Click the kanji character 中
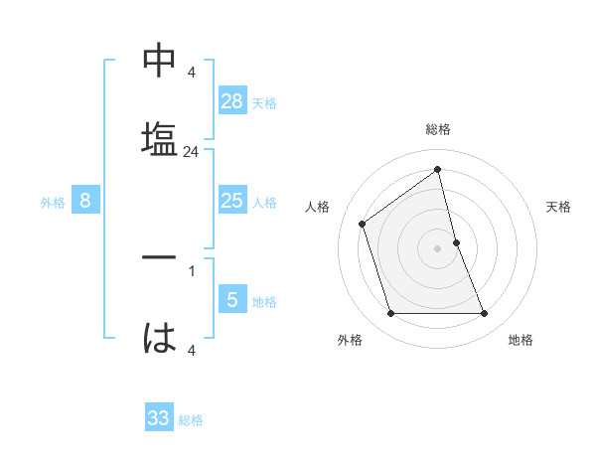(x=160, y=63)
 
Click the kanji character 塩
(x=160, y=137)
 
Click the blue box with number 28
(x=232, y=101)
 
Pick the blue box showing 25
(x=232, y=202)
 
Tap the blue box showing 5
(x=232, y=299)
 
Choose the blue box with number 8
(x=85, y=202)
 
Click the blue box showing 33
(x=159, y=418)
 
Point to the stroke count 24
(x=191, y=153)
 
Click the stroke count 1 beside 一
(x=191, y=270)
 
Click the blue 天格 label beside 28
(x=264, y=103)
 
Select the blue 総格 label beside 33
(x=191, y=420)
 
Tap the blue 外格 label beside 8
(x=53, y=203)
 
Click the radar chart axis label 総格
(x=438, y=129)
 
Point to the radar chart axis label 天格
(x=559, y=207)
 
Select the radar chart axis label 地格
(x=521, y=341)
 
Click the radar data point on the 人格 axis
(x=363, y=224)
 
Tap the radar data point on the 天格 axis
(x=456, y=242)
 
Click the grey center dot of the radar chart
(x=438, y=248)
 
